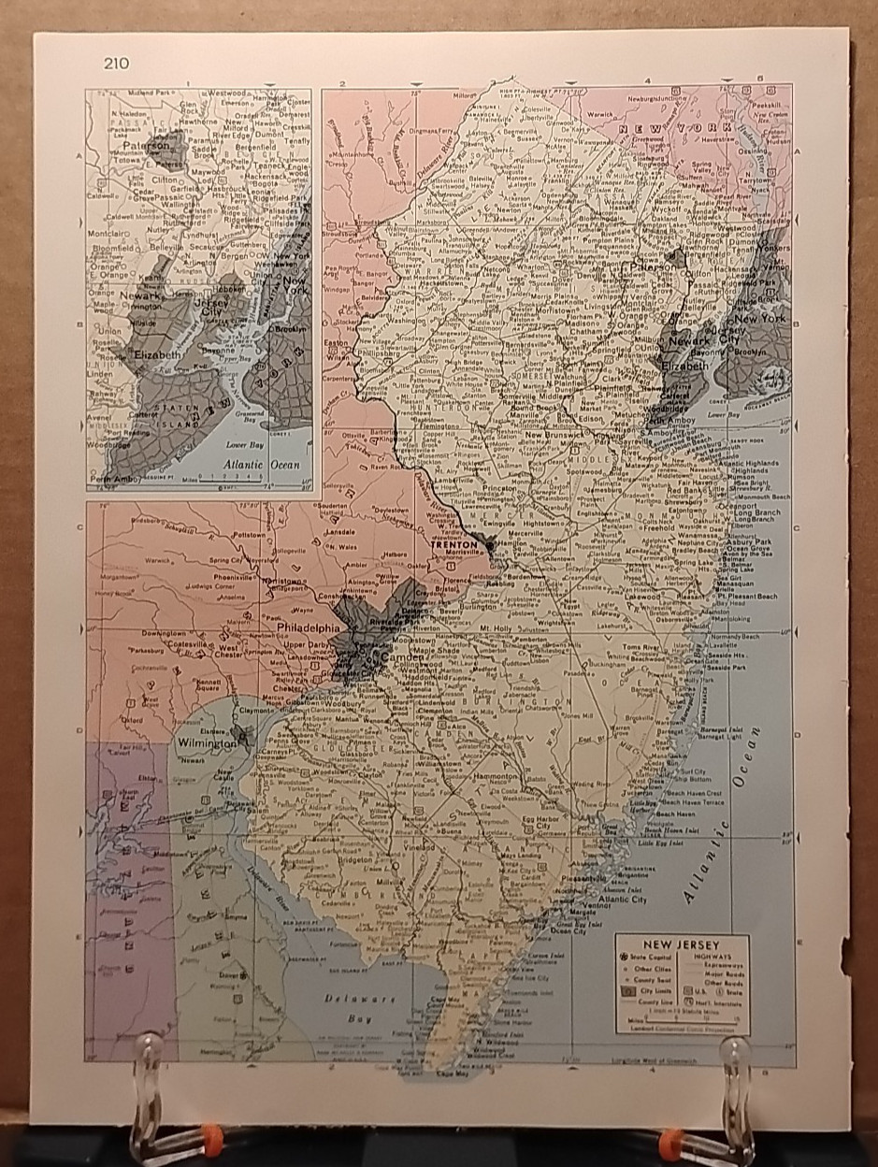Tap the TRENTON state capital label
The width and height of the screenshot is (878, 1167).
point(453,540)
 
